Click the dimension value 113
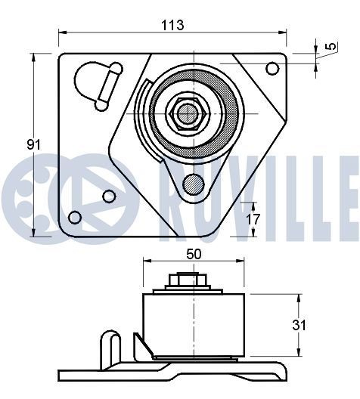pyautogui.click(x=173, y=24)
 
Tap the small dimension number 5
pyautogui.click(x=331, y=48)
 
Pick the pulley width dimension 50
pyautogui.click(x=194, y=255)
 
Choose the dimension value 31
pyautogui.click(x=300, y=325)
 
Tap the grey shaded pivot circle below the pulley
pyautogui.click(x=194, y=183)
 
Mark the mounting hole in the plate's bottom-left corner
pyautogui.click(x=74, y=218)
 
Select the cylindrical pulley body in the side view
pyautogui.click(x=193, y=323)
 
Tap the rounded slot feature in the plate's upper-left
pyautogui.click(x=97, y=82)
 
